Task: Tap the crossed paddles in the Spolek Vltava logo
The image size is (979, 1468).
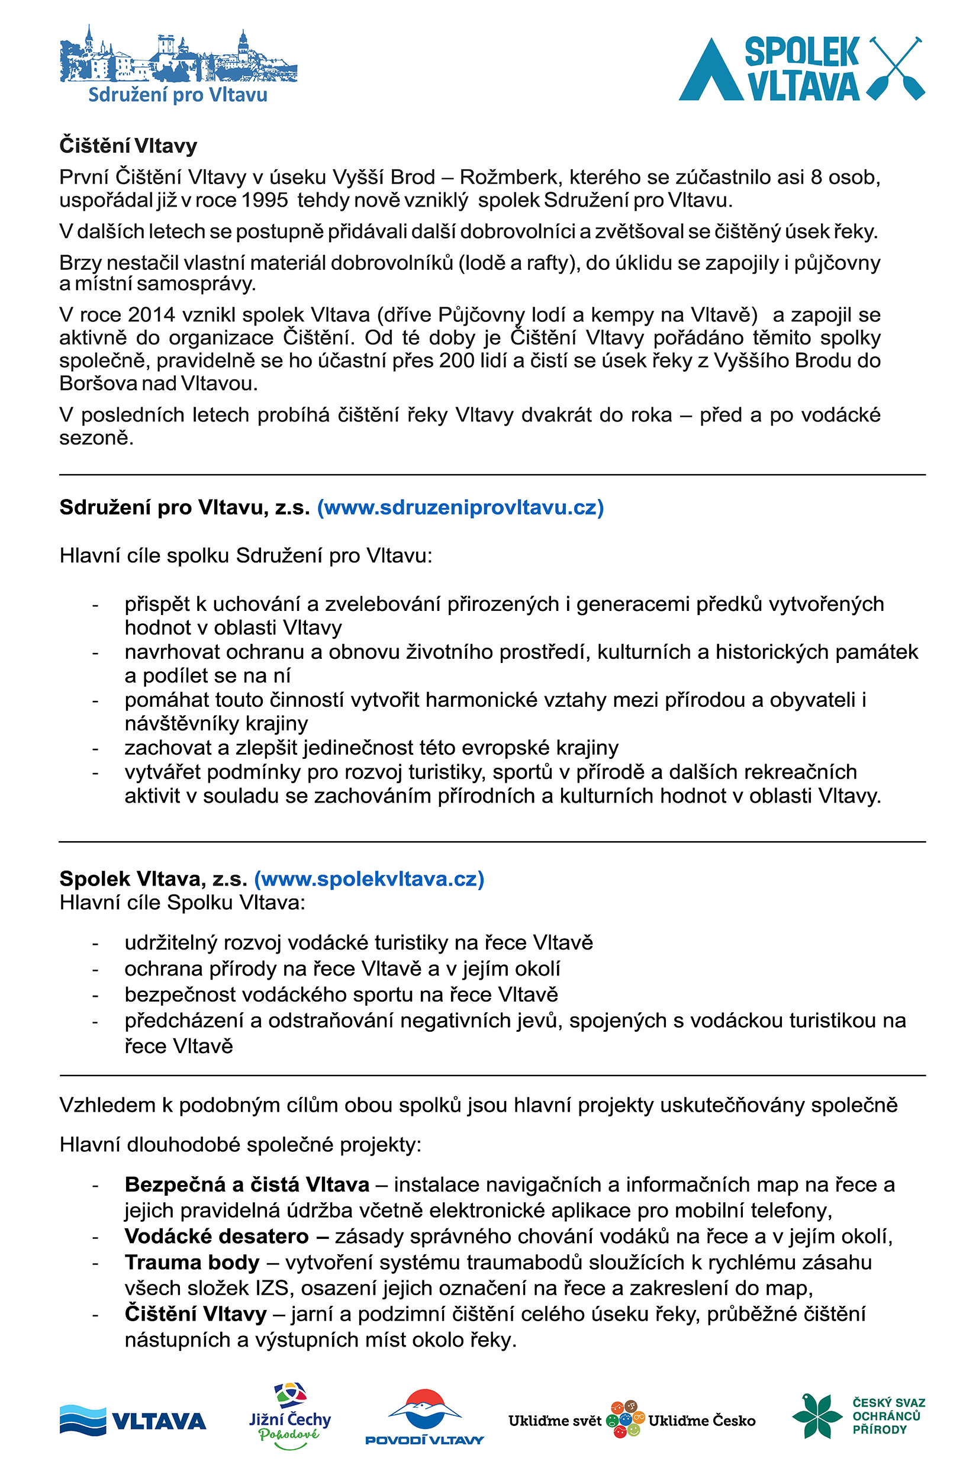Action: [x=897, y=68]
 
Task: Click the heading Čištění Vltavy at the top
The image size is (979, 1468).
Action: [x=128, y=146]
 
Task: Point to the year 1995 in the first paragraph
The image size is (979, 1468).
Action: [x=264, y=201]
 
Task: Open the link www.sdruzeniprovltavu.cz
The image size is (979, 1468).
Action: [x=460, y=507]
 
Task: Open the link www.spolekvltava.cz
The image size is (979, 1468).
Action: [x=369, y=879]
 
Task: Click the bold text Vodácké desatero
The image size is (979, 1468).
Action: [x=217, y=1237]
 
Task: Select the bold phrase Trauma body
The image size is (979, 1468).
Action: [x=192, y=1263]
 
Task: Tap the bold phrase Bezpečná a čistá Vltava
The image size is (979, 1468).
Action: [x=247, y=1184]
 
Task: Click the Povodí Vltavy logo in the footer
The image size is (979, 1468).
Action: [x=424, y=1418]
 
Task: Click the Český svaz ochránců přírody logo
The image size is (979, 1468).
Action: [x=858, y=1416]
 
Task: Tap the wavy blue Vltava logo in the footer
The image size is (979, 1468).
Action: [x=133, y=1421]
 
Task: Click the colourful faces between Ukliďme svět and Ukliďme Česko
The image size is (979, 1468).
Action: [x=625, y=1419]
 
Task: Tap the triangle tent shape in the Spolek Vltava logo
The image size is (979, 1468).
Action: [x=710, y=72]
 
